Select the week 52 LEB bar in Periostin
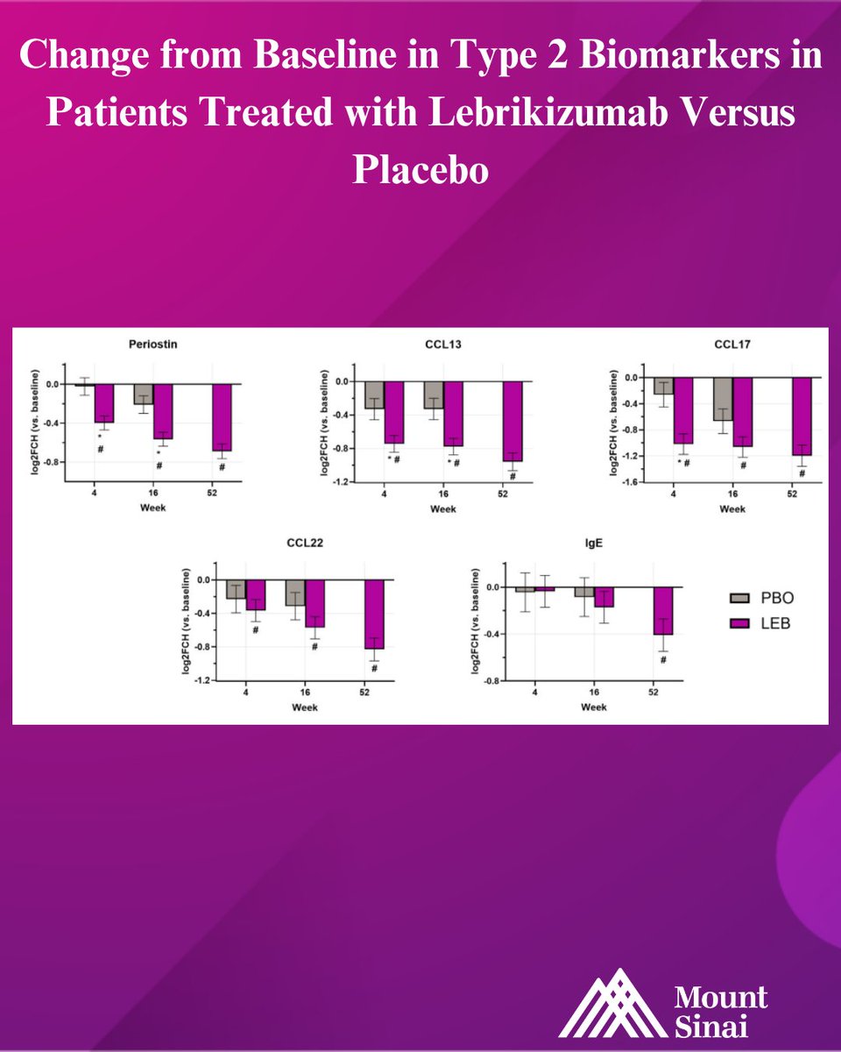click(222, 417)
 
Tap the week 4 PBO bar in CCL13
click(374, 394)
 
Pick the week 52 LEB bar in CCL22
click(374, 614)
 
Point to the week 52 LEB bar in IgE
click(663, 610)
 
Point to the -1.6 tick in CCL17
click(632, 482)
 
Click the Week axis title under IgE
click(593, 707)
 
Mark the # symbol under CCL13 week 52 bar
click(512, 478)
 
